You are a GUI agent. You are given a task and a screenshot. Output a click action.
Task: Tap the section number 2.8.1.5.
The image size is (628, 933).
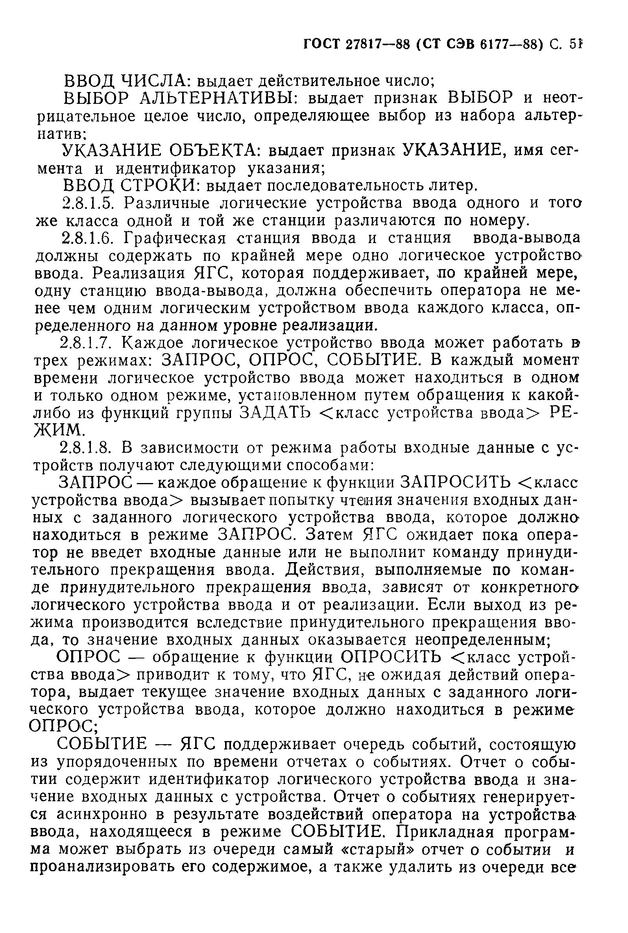coord(90,203)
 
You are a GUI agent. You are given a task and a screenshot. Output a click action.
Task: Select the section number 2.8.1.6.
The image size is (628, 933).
coord(90,238)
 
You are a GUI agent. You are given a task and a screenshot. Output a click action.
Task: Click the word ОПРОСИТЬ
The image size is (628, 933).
coord(391,657)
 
